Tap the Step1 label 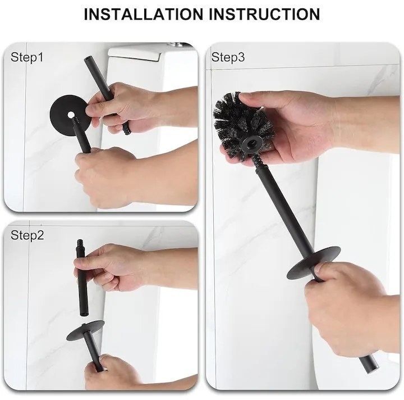pos(27,57)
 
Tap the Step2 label pos(27,235)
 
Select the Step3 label pos(228,57)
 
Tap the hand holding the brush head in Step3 pos(292,126)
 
